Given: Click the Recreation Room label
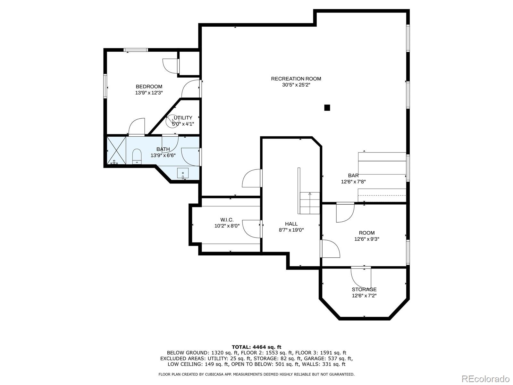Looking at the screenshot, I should point(296,79).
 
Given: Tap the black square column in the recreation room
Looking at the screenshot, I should point(327,108).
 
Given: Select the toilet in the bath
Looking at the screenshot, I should point(137,156).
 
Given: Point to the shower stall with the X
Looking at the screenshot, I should point(116,150).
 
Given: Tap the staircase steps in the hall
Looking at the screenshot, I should point(310,203).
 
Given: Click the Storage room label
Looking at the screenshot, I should point(364,289).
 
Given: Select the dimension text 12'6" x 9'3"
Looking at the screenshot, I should point(366,239).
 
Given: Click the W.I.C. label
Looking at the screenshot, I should point(227,220).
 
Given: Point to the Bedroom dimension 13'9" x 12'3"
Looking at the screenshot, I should point(149,93).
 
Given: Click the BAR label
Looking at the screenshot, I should point(353,175).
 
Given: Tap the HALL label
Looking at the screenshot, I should point(291,224).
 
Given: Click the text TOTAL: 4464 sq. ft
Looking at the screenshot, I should point(256,347).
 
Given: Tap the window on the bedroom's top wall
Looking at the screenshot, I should point(136,50).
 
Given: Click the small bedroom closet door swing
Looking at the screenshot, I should point(170,66).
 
